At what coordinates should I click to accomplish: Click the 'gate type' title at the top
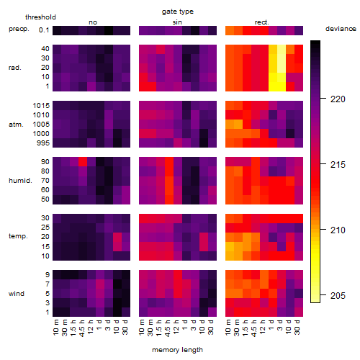click(x=178, y=12)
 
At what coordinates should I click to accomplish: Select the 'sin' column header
click(x=177, y=22)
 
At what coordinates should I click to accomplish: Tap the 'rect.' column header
click(x=262, y=22)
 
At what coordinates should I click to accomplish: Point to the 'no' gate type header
click(x=93, y=22)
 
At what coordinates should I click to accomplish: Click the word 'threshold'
click(x=40, y=17)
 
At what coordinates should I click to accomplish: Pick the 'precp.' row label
click(x=19, y=29)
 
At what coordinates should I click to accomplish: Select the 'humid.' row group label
click(x=20, y=181)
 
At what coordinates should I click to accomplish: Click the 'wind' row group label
click(x=17, y=294)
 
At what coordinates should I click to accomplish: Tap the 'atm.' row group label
click(x=16, y=125)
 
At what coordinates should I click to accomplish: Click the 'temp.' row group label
click(x=18, y=236)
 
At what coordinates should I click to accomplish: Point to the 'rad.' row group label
click(x=15, y=68)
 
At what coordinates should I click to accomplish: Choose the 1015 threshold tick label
click(x=41, y=106)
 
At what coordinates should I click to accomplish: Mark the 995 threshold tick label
click(x=43, y=143)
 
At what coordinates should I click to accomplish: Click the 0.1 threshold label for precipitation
click(x=44, y=30)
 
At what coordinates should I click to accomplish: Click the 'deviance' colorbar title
click(x=341, y=29)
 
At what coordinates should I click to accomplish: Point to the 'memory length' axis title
click(x=177, y=350)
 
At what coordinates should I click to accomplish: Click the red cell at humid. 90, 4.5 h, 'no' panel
click(x=83, y=162)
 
